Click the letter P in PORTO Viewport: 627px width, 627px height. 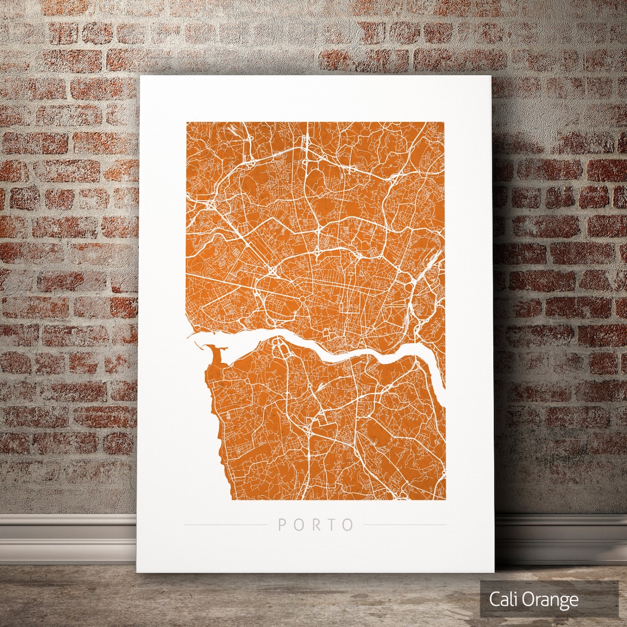click(x=282, y=525)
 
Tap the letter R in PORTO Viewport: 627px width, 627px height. click(x=315, y=525)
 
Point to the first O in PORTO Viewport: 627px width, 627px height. click(x=299, y=525)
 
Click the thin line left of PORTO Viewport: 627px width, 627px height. click(x=226, y=525)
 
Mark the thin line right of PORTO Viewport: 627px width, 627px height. click(x=405, y=525)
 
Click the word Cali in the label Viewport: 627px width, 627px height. click(x=502, y=599)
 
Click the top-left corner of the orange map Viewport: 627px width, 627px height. click(x=186, y=122)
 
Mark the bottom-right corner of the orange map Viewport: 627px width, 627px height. click(x=445, y=499)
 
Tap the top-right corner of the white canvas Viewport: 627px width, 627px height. click(x=492, y=76)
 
